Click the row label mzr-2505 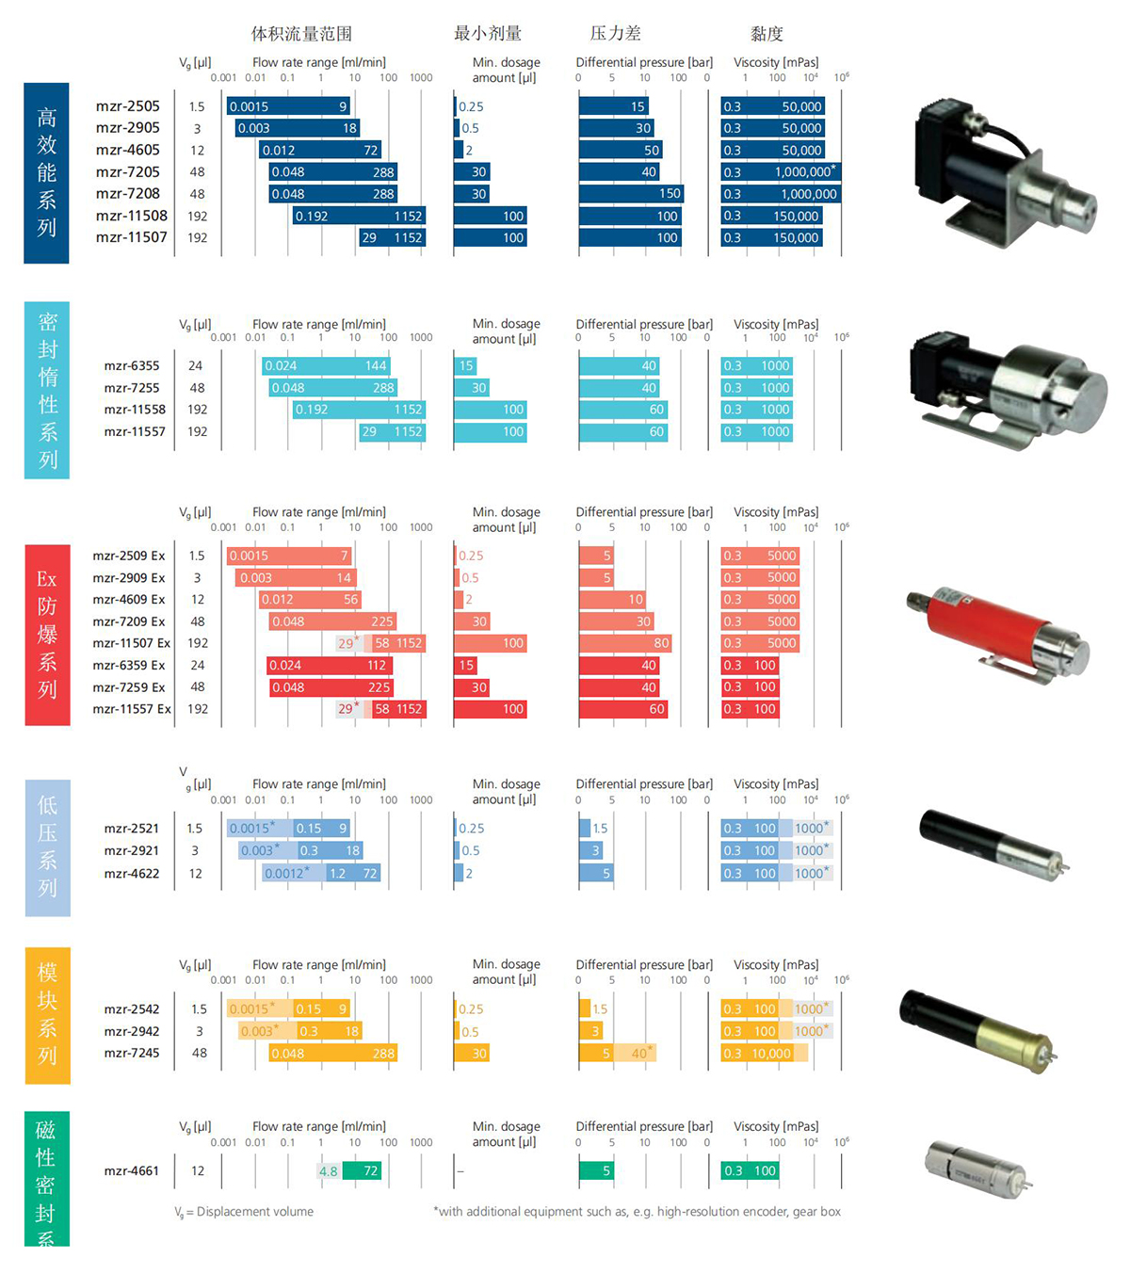pos(128,106)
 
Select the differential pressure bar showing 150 pos(631,194)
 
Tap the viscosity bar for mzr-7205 pos(781,171)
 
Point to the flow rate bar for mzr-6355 pos(326,366)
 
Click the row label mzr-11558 pos(135,410)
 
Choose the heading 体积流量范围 pos(301,33)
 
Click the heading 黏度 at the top pos(767,33)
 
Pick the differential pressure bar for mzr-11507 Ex pos(625,643)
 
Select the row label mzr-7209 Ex pos(129,621)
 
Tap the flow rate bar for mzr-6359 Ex pos(330,666)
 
